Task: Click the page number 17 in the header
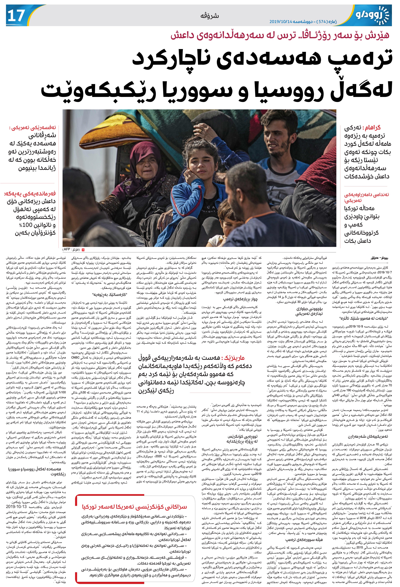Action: pos(16,16)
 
